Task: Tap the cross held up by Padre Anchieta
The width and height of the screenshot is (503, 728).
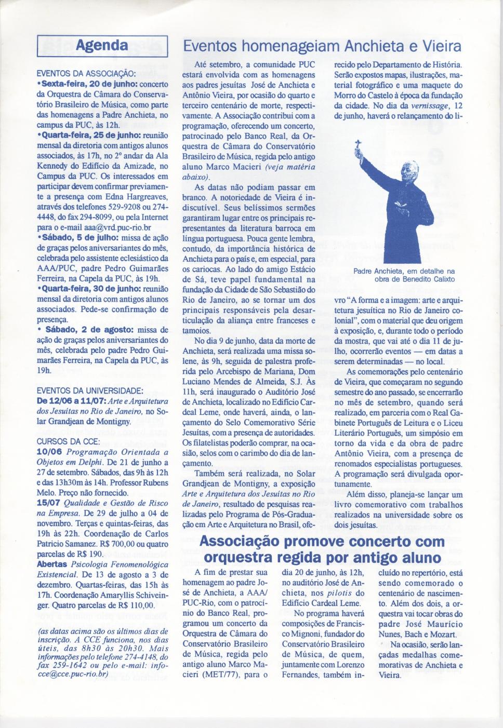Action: pyautogui.click(x=358, y=145)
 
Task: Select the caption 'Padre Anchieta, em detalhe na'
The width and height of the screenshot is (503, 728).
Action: pyautogui.click(x=404, y=271)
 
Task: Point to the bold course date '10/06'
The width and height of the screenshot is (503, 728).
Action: pyautogui.click(x=50, y=452)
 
